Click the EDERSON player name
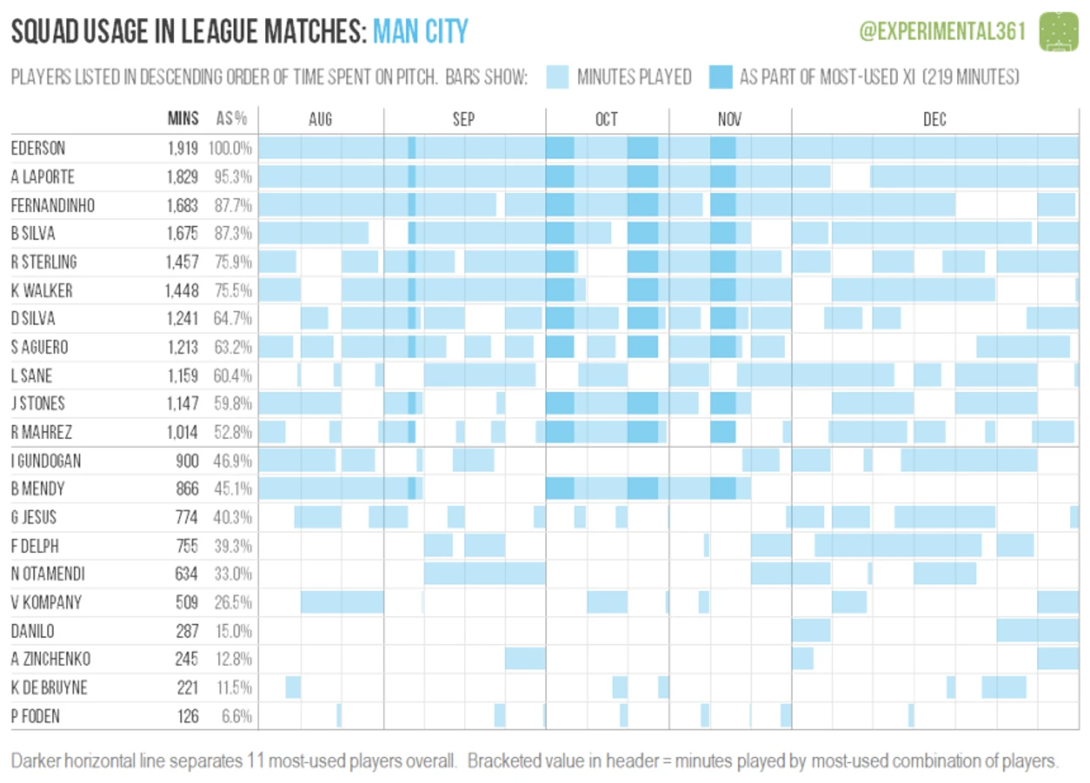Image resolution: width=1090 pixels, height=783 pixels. [x=38, y=148]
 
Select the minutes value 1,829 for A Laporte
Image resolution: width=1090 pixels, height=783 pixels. [x=182, y=177]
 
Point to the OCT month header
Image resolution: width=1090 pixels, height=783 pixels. [x=606, y=119]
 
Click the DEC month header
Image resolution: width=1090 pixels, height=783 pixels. [x=934, y=119]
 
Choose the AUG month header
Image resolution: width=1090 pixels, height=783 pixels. [x=320, y=119]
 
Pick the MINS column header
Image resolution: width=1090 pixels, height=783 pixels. [x=183, y=119]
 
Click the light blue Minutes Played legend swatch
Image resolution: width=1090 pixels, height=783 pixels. [x=557, y=77]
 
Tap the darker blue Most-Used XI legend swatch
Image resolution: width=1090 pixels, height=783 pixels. [x=720, y=77]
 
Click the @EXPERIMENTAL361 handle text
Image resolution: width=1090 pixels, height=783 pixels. [x=942, y=31]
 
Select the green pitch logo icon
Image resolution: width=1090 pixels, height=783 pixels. [x=1059, y=31]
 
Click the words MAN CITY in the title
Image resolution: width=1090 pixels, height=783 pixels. [x=420, y=31]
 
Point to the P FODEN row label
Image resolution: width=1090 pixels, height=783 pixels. [x=35, y=717]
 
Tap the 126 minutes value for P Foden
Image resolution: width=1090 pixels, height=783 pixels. [x=188, y=717]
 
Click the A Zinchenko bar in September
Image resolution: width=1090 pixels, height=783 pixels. [x=525, y=658]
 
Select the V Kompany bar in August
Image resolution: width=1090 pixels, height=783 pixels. [x=342, y=602]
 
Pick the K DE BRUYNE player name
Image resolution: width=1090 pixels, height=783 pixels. [x=49, y=687]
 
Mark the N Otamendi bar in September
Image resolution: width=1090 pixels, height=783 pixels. [x=485, y=573]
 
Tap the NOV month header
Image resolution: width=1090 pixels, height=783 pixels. [x=729, y=119]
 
